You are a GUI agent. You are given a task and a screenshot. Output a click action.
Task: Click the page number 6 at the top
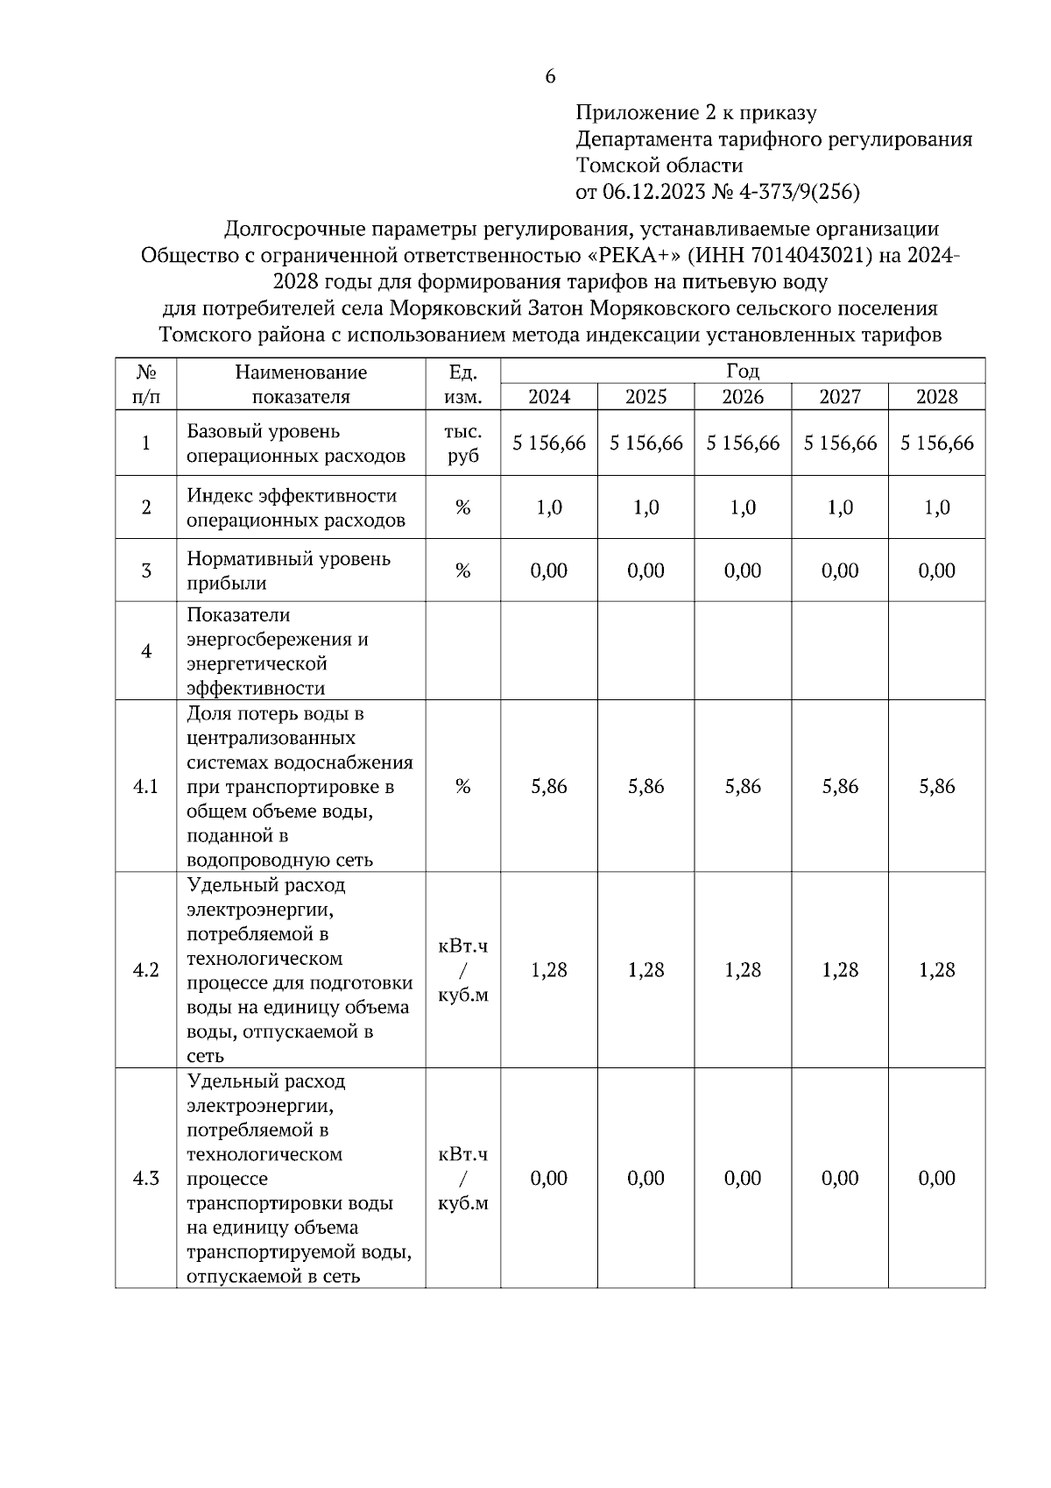pyautogui.click(x=550, y=77)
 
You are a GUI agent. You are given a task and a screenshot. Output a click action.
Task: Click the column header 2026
pyautogui.click(x=743, y=397)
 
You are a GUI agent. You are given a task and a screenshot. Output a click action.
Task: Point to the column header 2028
pyautogui.click(x=936, y=397)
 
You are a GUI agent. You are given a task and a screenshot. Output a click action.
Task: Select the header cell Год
pyautogui.click(x=743, y=371)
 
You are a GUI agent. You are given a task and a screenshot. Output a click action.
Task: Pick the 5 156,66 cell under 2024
pyautogui.click(x=549, y=443)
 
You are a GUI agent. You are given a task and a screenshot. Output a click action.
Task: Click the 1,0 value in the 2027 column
pyautogui.click(x=840, y=507)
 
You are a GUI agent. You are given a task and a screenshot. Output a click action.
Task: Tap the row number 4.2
pyautogui.click(x=145, y=970)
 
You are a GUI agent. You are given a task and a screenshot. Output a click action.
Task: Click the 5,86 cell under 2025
pyautogui.click(x=646, y=787)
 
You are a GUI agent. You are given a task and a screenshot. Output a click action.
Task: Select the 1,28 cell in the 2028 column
pyautogui.click(x=936, y=970)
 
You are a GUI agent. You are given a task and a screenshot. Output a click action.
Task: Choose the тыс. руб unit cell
pyautogui.click(x=463, y=443)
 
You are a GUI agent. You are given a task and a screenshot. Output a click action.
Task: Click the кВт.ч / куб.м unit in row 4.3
pyautogui.click(x=463, y=1178)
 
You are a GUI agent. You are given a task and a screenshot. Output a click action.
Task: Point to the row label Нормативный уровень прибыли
pyautogui.click(x=288, y=570)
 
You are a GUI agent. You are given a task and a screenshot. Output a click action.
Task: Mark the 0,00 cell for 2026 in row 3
pyautogui.click(x=743, y=570)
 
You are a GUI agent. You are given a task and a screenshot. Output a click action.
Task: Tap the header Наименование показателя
pyautogui.click(x=300, y=384)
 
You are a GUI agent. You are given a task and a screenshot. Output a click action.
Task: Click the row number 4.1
pyautogui.click(x=145, y=787)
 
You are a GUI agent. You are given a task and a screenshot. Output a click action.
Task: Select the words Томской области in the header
pyautogui.click(x=660, y=166)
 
